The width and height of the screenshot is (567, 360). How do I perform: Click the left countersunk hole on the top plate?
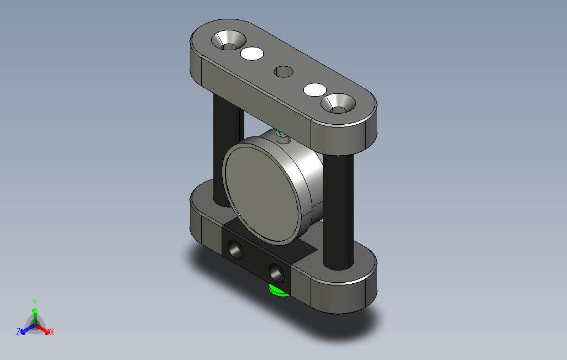[229, 40]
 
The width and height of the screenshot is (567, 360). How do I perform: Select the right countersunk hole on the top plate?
[338, 103]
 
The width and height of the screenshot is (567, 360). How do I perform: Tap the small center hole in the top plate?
[283, 72]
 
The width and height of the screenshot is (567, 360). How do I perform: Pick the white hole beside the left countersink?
[252, 54]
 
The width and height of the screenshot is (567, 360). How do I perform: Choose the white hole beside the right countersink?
[315, 89]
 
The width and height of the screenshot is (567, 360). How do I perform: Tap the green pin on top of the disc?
[281, 135]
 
